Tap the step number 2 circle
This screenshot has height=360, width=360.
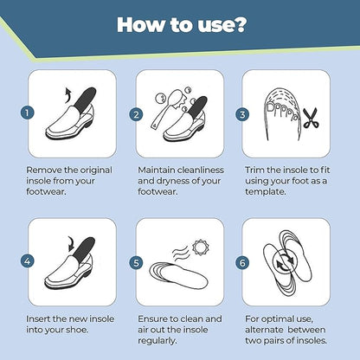(136, 113)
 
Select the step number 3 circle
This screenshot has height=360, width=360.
(244, 113)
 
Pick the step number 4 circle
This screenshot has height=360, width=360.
(28, 260)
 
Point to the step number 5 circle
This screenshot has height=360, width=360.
(136, 260)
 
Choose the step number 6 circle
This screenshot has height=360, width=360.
(244, 260)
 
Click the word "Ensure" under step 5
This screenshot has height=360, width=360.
(154, 318)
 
